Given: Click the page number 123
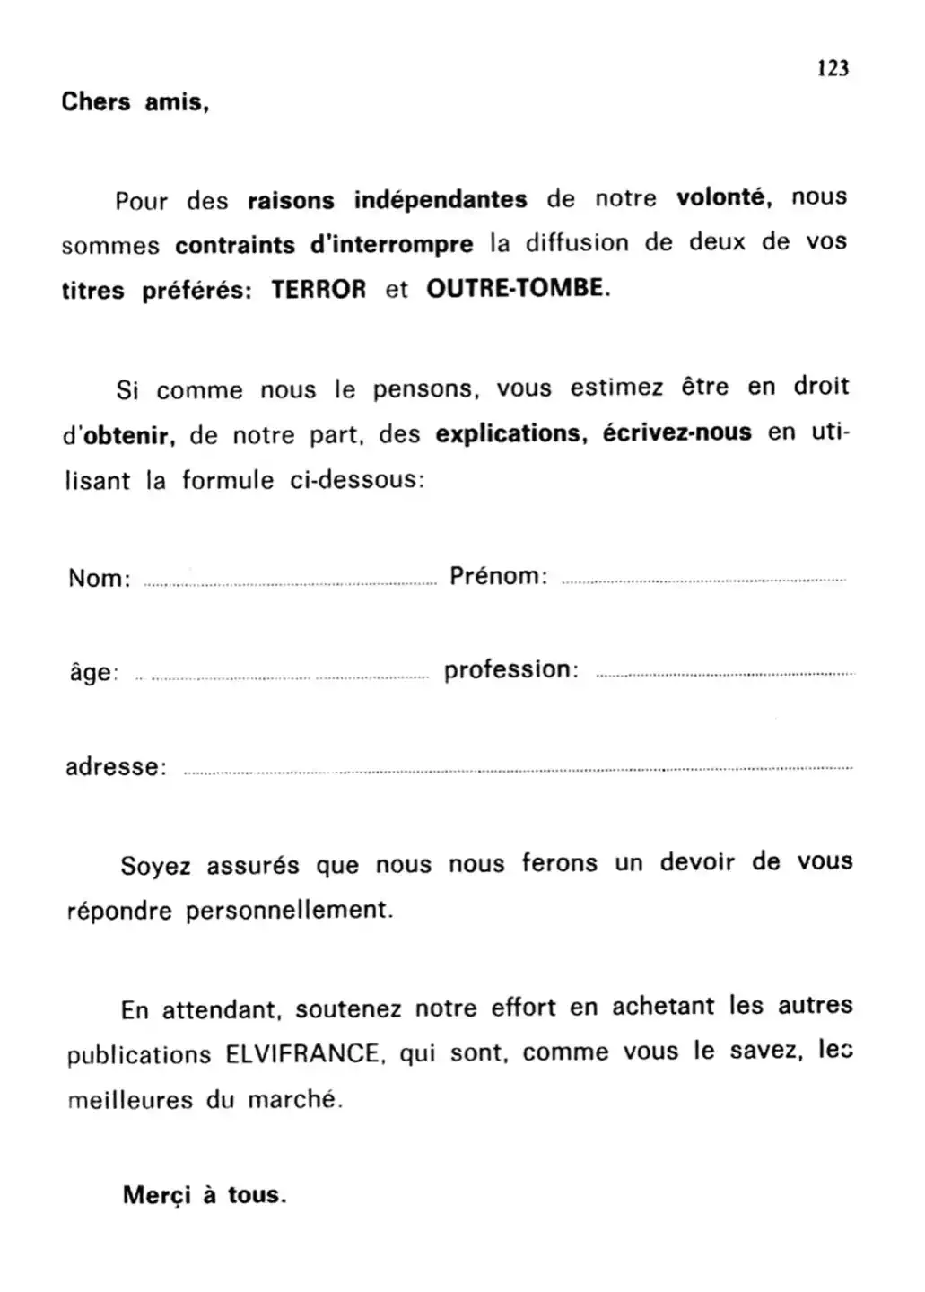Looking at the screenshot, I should point(833,68).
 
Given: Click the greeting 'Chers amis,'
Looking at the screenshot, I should point(135,102).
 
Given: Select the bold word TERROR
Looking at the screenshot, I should point(319,290).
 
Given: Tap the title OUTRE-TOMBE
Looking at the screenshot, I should point(518,289).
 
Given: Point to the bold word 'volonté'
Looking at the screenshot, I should point(723,197).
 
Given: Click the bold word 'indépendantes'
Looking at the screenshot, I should point(441,199).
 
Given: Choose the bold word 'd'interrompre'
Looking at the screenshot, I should point(391,244).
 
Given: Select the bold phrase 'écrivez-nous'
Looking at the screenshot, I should point(676,433).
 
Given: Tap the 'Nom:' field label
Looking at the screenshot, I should point(100,578).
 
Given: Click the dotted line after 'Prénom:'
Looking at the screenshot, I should point(703,581).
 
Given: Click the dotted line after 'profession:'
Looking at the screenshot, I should point(724,674).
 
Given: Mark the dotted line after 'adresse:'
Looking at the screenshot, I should point(517,770).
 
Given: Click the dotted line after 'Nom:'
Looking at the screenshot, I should point(290,584).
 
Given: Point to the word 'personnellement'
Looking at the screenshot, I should point(289,911).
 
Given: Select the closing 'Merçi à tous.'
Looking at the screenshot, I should point(205,1195).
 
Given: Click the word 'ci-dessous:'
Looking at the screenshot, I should point(357,480).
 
